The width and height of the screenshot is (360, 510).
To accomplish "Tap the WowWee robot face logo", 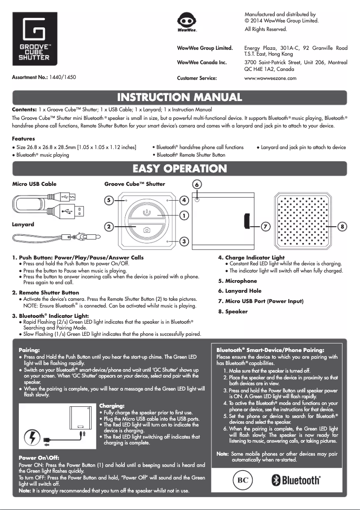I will click(x=186, y=22).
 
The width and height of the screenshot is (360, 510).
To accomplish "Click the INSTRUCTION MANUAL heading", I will click(x=180, y=97).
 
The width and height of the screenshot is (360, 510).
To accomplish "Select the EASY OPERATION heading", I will click(x=180, y=169).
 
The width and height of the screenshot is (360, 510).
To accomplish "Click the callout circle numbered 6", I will click(x=197, y=185).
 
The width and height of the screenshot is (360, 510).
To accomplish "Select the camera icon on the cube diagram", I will click(x=146, y=230).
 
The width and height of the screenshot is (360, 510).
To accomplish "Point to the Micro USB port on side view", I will click(x=247, y=221).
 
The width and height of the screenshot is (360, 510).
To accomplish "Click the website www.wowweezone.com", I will click(x=270, y=78).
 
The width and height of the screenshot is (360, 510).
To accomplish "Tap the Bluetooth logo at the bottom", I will click(x=297, y=480).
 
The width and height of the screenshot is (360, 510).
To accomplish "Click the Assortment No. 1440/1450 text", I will click(x=44, y=77).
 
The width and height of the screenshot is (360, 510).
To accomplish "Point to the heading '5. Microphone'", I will click(x=237, y=281).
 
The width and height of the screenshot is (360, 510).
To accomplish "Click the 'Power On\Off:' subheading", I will click(x=39, y=458).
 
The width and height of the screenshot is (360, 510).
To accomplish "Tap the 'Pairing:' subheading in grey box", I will click(x=29, y=349).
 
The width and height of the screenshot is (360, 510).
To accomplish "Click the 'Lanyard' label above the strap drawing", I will click(x=23, y=224).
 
